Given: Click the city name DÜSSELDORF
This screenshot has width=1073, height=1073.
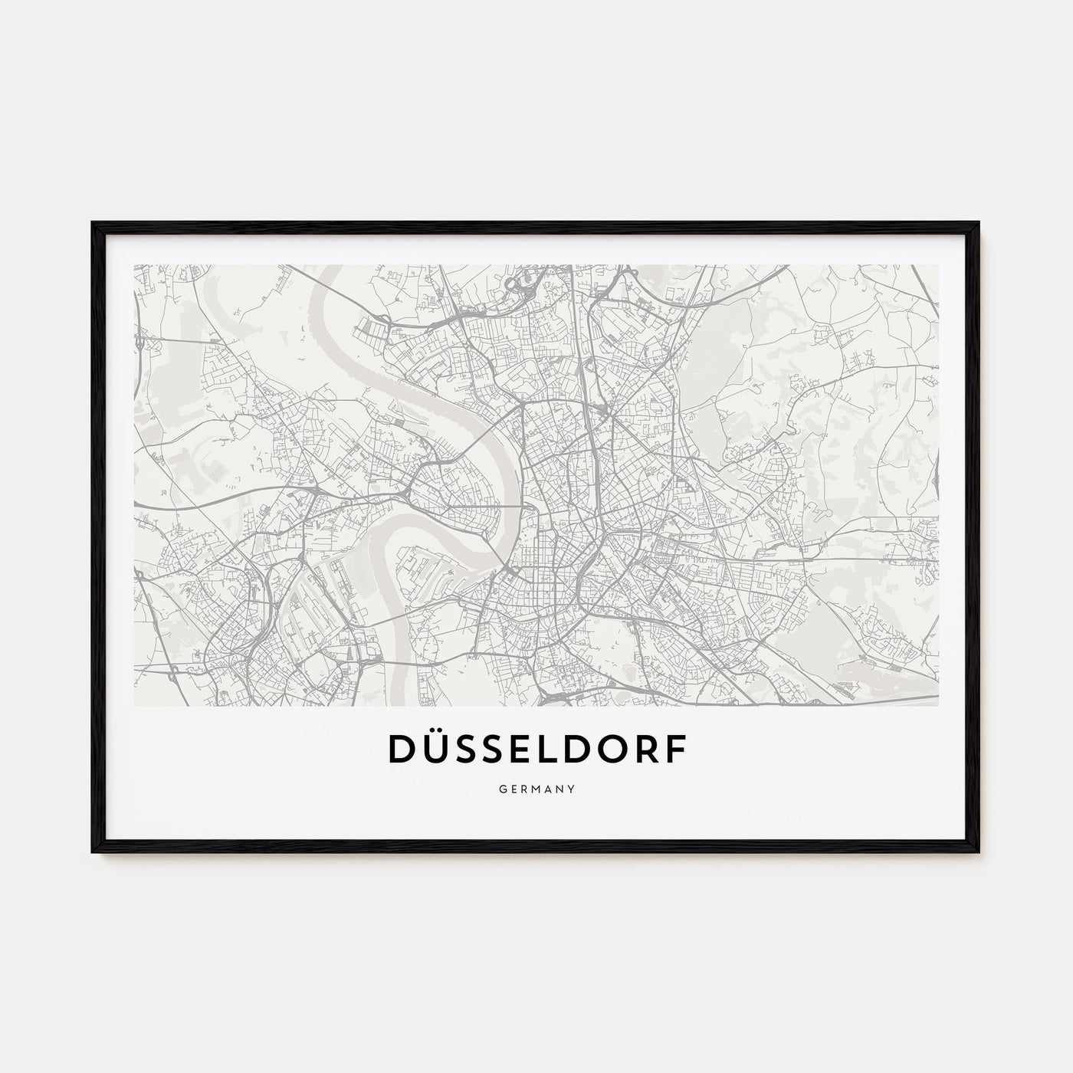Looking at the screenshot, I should click(x=536, y=751).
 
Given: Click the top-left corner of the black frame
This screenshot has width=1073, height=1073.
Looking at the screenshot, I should click(x=94, y=223).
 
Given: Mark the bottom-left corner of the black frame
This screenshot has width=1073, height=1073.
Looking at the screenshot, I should click(x=94, y=852).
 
